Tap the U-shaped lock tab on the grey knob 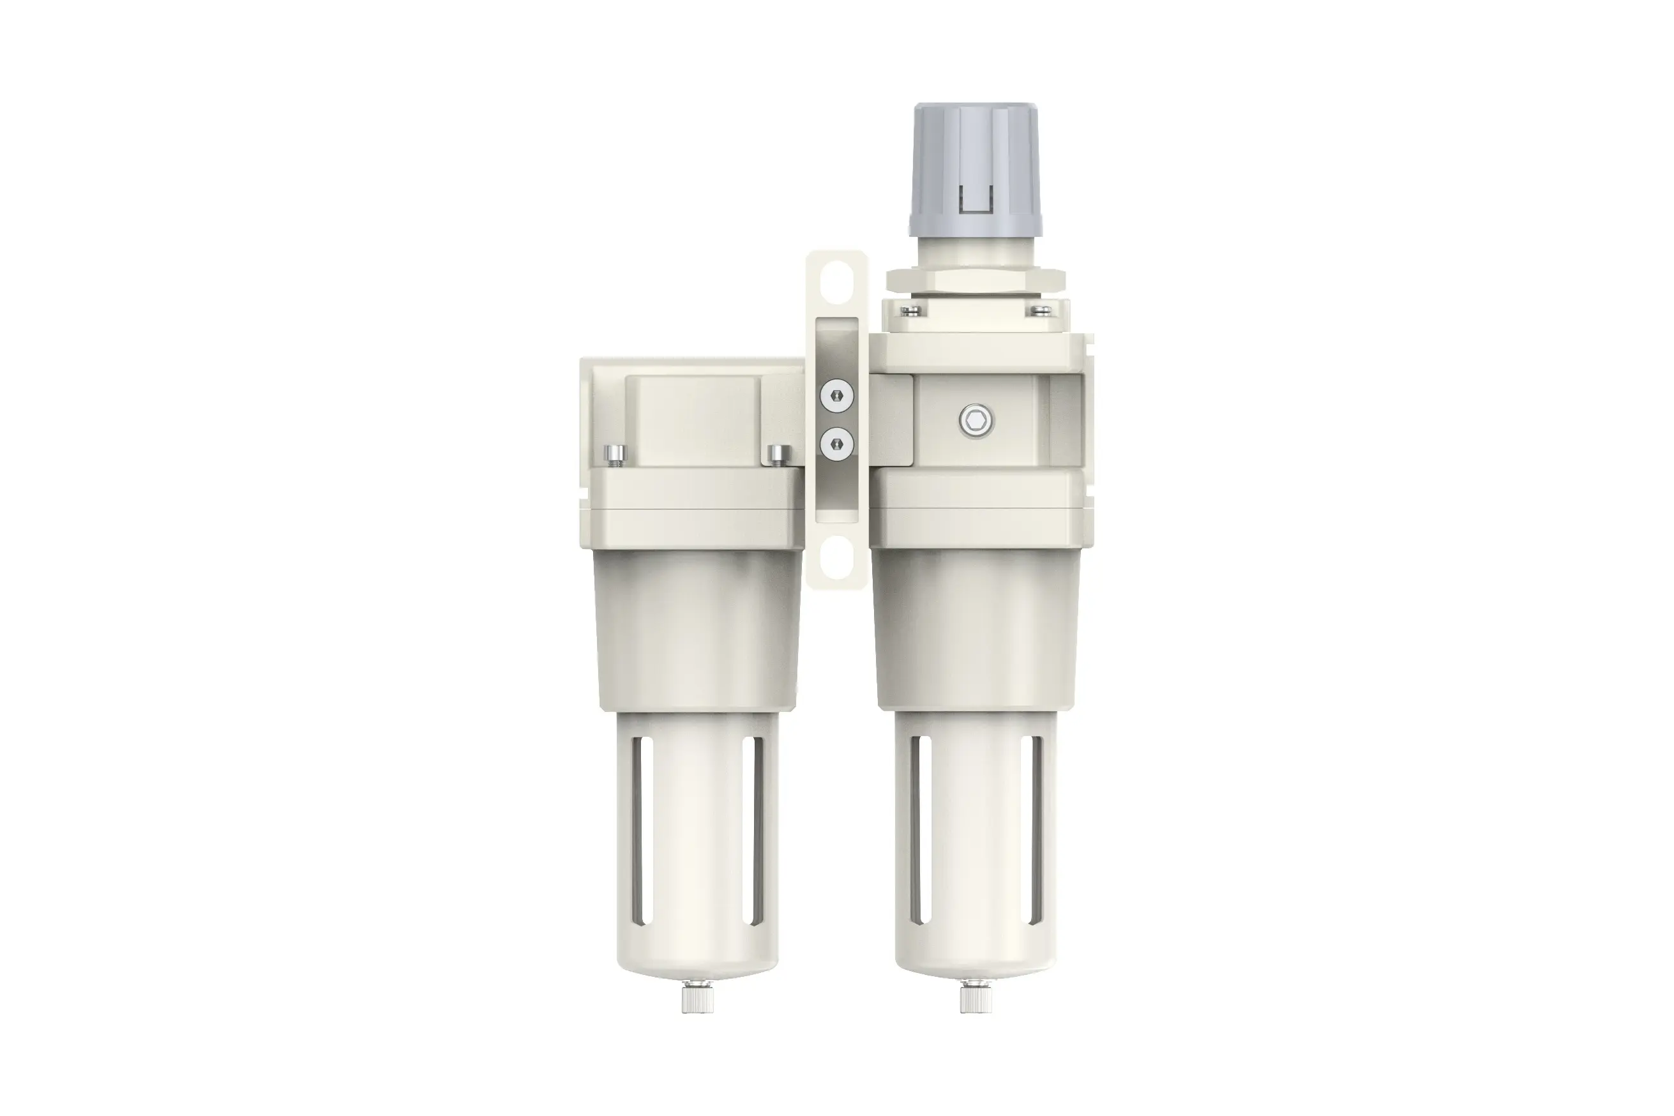click(x=976, y=199)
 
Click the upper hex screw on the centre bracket click(x=836, y=396)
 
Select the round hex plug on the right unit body click(x=977, y=423)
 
